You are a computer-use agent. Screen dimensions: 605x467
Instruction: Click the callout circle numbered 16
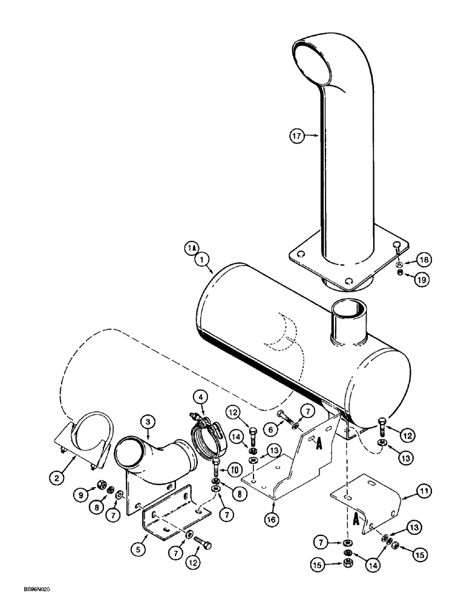[x=275, y=518]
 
